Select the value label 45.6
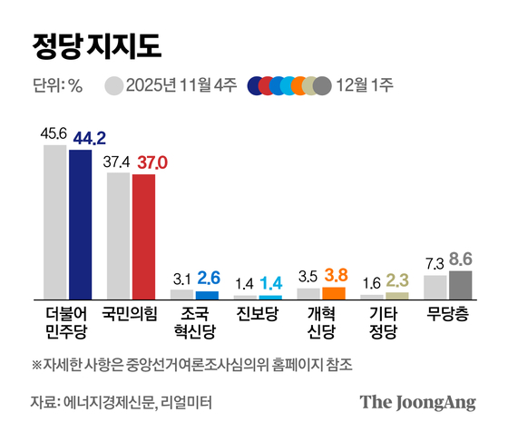pyautogui.click(x=54, y=133)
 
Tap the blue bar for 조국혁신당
pyautogui.click(x=207, y=294)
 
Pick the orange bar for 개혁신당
pyautogui.click(x=334, y=292)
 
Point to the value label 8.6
pyautogui.click(x=463, y=260)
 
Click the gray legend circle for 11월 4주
pyautogui.click(x=113, y=86)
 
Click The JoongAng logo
pyautogui.click(x=418, y=402)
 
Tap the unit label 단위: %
pyautogui.click(x=57, y=86)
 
